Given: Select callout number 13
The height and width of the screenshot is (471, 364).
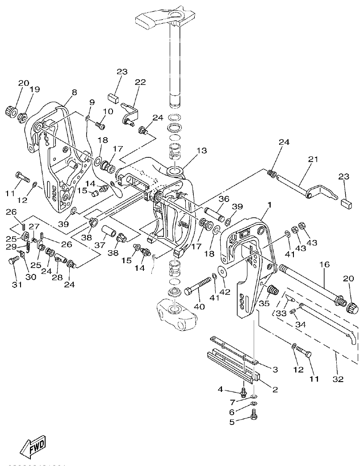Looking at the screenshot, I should tap(201, 151).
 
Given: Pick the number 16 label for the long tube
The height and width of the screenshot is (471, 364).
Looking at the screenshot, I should tap(324, 265).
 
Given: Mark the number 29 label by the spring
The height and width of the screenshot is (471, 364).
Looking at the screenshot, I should tap(11, 247).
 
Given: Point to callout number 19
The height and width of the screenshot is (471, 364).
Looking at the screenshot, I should tap(35, 89).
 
